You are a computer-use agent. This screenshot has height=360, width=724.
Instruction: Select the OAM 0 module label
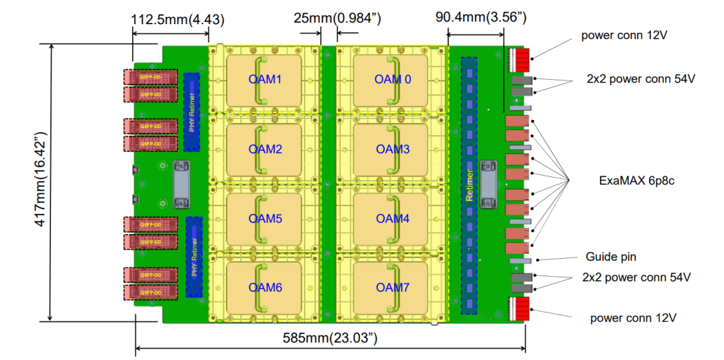click(393, 80)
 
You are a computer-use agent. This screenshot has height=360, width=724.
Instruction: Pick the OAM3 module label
click(393, 149)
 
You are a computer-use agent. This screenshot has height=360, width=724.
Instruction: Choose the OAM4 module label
click(393, 219)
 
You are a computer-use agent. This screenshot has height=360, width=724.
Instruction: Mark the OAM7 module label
click(393, 288)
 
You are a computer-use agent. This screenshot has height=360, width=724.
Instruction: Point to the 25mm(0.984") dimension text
click(337, 18)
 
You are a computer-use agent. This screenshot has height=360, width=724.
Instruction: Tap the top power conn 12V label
click(625, 35)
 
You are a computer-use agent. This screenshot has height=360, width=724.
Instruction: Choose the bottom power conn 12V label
click(633, 318)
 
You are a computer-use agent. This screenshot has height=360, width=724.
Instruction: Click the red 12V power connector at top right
click(521, 60)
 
